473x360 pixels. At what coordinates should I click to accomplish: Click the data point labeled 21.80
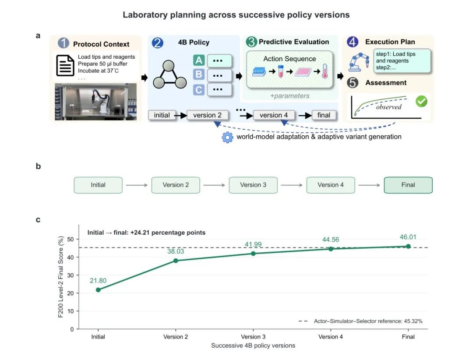coord(98,289)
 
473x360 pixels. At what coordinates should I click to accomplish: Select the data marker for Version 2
coord(176,261)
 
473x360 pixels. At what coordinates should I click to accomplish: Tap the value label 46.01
coord(408,237)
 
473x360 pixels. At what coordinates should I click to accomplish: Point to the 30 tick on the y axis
coord(70,275)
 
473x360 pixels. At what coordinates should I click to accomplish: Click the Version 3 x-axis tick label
coord(253,337)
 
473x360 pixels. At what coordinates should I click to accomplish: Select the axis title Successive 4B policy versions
coord(253,346)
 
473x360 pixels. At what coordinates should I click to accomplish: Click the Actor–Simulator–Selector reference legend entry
coord(360,321)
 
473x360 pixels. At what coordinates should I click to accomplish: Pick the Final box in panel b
coord(408,185)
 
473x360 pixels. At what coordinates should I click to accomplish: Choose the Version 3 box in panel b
coord(253,185)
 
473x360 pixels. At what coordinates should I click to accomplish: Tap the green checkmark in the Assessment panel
coord(421,102)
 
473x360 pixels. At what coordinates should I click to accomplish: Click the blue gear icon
coord(227,138)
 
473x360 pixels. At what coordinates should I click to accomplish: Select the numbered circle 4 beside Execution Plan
coord(352,42)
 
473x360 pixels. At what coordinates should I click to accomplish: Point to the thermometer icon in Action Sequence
coord(325,71)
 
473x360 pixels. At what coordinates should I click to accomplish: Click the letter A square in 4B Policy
coord(199,60)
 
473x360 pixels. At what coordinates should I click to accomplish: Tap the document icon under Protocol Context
coord(65,65)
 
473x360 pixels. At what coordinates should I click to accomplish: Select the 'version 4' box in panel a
coord(274,115)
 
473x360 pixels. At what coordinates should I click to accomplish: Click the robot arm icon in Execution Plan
coord(359,62)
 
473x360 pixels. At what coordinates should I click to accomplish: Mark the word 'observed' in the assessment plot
coord(388,107)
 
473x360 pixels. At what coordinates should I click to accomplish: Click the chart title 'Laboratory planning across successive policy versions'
coord(236,15)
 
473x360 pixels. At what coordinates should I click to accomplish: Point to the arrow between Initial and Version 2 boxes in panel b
coord(137,185)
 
